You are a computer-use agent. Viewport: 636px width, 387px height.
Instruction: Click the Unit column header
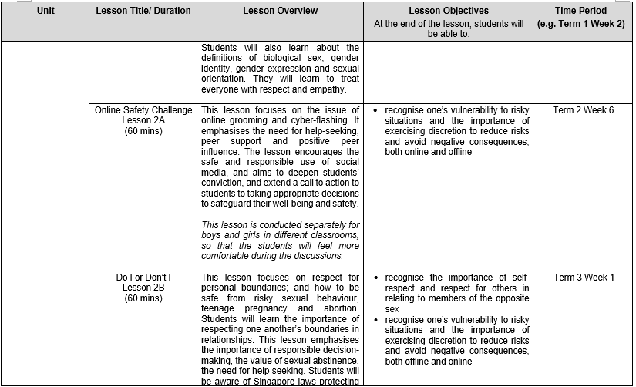pyautogui.click(x=45, y=12)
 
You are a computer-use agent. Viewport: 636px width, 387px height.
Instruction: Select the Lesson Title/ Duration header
pyautogui.click(x=143, y=12)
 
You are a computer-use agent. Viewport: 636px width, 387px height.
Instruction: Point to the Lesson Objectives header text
pyautogui.click(x=449, y=12)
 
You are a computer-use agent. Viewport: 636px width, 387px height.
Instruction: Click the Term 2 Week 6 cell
pyautogui.click(x=584, y=110)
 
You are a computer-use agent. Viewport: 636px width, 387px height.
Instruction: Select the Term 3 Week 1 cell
pyautogui.click(x=584, y=277)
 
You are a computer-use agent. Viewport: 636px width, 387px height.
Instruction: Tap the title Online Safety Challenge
pyautogui.click(x=143, y=110)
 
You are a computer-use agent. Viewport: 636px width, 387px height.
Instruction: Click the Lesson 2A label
pyautogui.click(x=143, y=121)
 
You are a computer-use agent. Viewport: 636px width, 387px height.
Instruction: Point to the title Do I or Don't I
pyautogui.click(x=143, y=277)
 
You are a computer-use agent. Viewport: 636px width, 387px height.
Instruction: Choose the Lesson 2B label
pyautogui.click(x=143, y=288)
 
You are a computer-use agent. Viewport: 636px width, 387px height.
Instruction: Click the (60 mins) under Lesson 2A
pyautogui.click(x=143, y=132)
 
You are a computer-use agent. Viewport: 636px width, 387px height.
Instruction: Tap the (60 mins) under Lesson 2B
pyautogui.click(x=143, y=298)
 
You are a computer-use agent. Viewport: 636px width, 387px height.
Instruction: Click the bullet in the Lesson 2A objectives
pyautogui.click(x=375, y=110)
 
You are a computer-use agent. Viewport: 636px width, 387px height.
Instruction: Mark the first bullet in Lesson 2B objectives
pyautogui.click(x=375, y=277)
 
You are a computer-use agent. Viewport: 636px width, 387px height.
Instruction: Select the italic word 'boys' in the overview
pyautogui.click(x=213, y=235)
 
